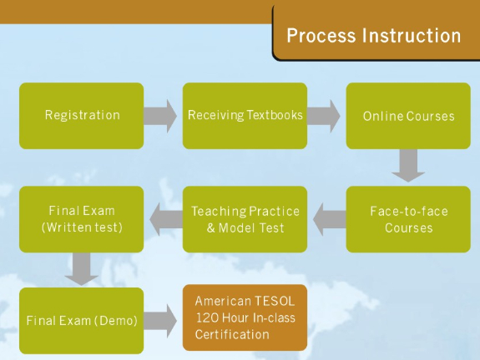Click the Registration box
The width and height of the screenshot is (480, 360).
click(82, 116)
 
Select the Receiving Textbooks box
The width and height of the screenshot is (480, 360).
click(245, 116)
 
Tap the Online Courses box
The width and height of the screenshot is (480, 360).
click(408, 116)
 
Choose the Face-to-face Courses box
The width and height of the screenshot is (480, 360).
click(408, 219)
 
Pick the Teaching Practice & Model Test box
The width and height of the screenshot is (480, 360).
click(245, 219)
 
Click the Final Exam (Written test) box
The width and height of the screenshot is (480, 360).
click(82, 219)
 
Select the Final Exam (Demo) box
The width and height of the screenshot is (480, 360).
click(82, 321)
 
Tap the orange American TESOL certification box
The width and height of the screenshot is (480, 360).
click(245, 317)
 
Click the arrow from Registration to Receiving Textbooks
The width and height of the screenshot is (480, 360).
click(160, 116)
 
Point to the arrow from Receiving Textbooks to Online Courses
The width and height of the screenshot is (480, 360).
click(324, 116)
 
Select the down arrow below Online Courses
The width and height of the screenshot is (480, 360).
click(408, 165)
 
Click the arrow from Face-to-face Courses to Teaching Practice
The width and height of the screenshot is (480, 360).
click(330, 219)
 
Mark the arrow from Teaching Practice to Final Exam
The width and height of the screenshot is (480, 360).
click(166, 219)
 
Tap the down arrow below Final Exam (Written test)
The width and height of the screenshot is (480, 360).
click(82, 269)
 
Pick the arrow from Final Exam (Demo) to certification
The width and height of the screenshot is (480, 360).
click(160, 321)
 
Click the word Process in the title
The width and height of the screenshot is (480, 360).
click(321, 36)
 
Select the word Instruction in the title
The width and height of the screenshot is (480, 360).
click(412, 36)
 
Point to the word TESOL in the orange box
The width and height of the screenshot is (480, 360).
click(274, 302)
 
